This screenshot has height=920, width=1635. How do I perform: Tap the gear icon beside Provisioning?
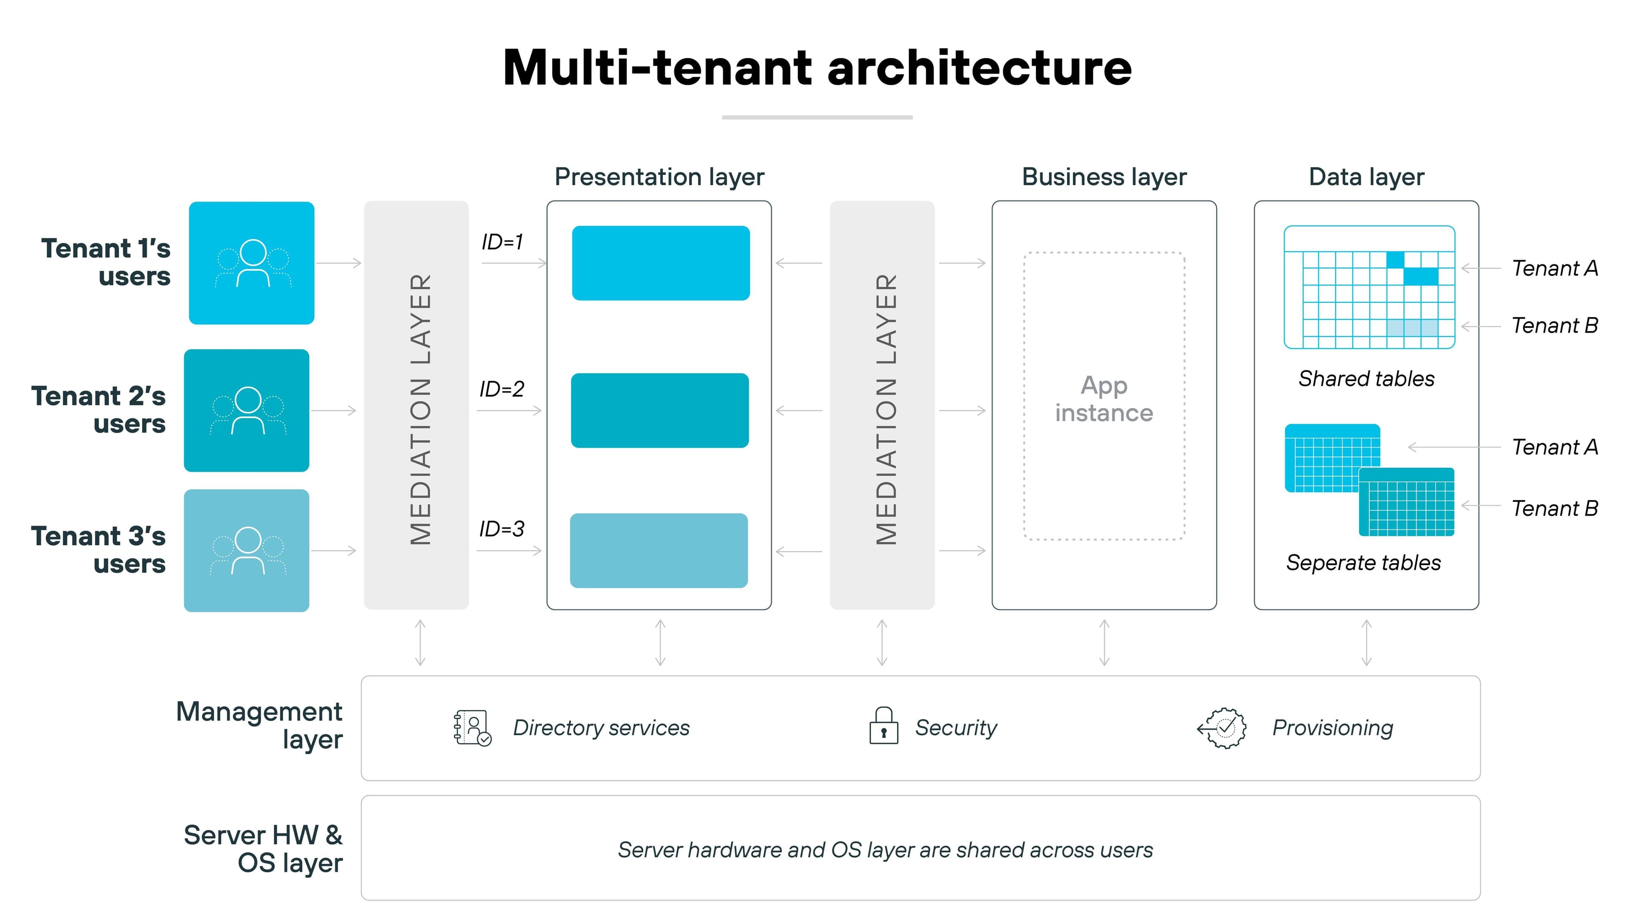[x=1224, y=727]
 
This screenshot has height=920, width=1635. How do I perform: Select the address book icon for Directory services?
[x=472, y=727]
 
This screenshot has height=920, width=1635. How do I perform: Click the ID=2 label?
[x=502, y=389]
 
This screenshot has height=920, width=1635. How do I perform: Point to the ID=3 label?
[x=502, y=529]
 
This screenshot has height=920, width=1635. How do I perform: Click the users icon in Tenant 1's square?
[x=252, y=264]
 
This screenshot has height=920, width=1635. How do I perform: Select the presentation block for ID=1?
[x=661, y=263]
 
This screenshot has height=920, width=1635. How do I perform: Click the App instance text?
[x=1104, y=399]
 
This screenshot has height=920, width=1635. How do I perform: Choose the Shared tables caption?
[x=1366, y=379]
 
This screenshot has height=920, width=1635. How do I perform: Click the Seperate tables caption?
[x=1363, y=563]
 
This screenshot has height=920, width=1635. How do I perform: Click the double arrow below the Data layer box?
[x=1366, y=643]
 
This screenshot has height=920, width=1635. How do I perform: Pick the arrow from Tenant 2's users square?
[x=334, y=411]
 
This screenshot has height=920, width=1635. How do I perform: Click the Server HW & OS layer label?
[x=263, y=848]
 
